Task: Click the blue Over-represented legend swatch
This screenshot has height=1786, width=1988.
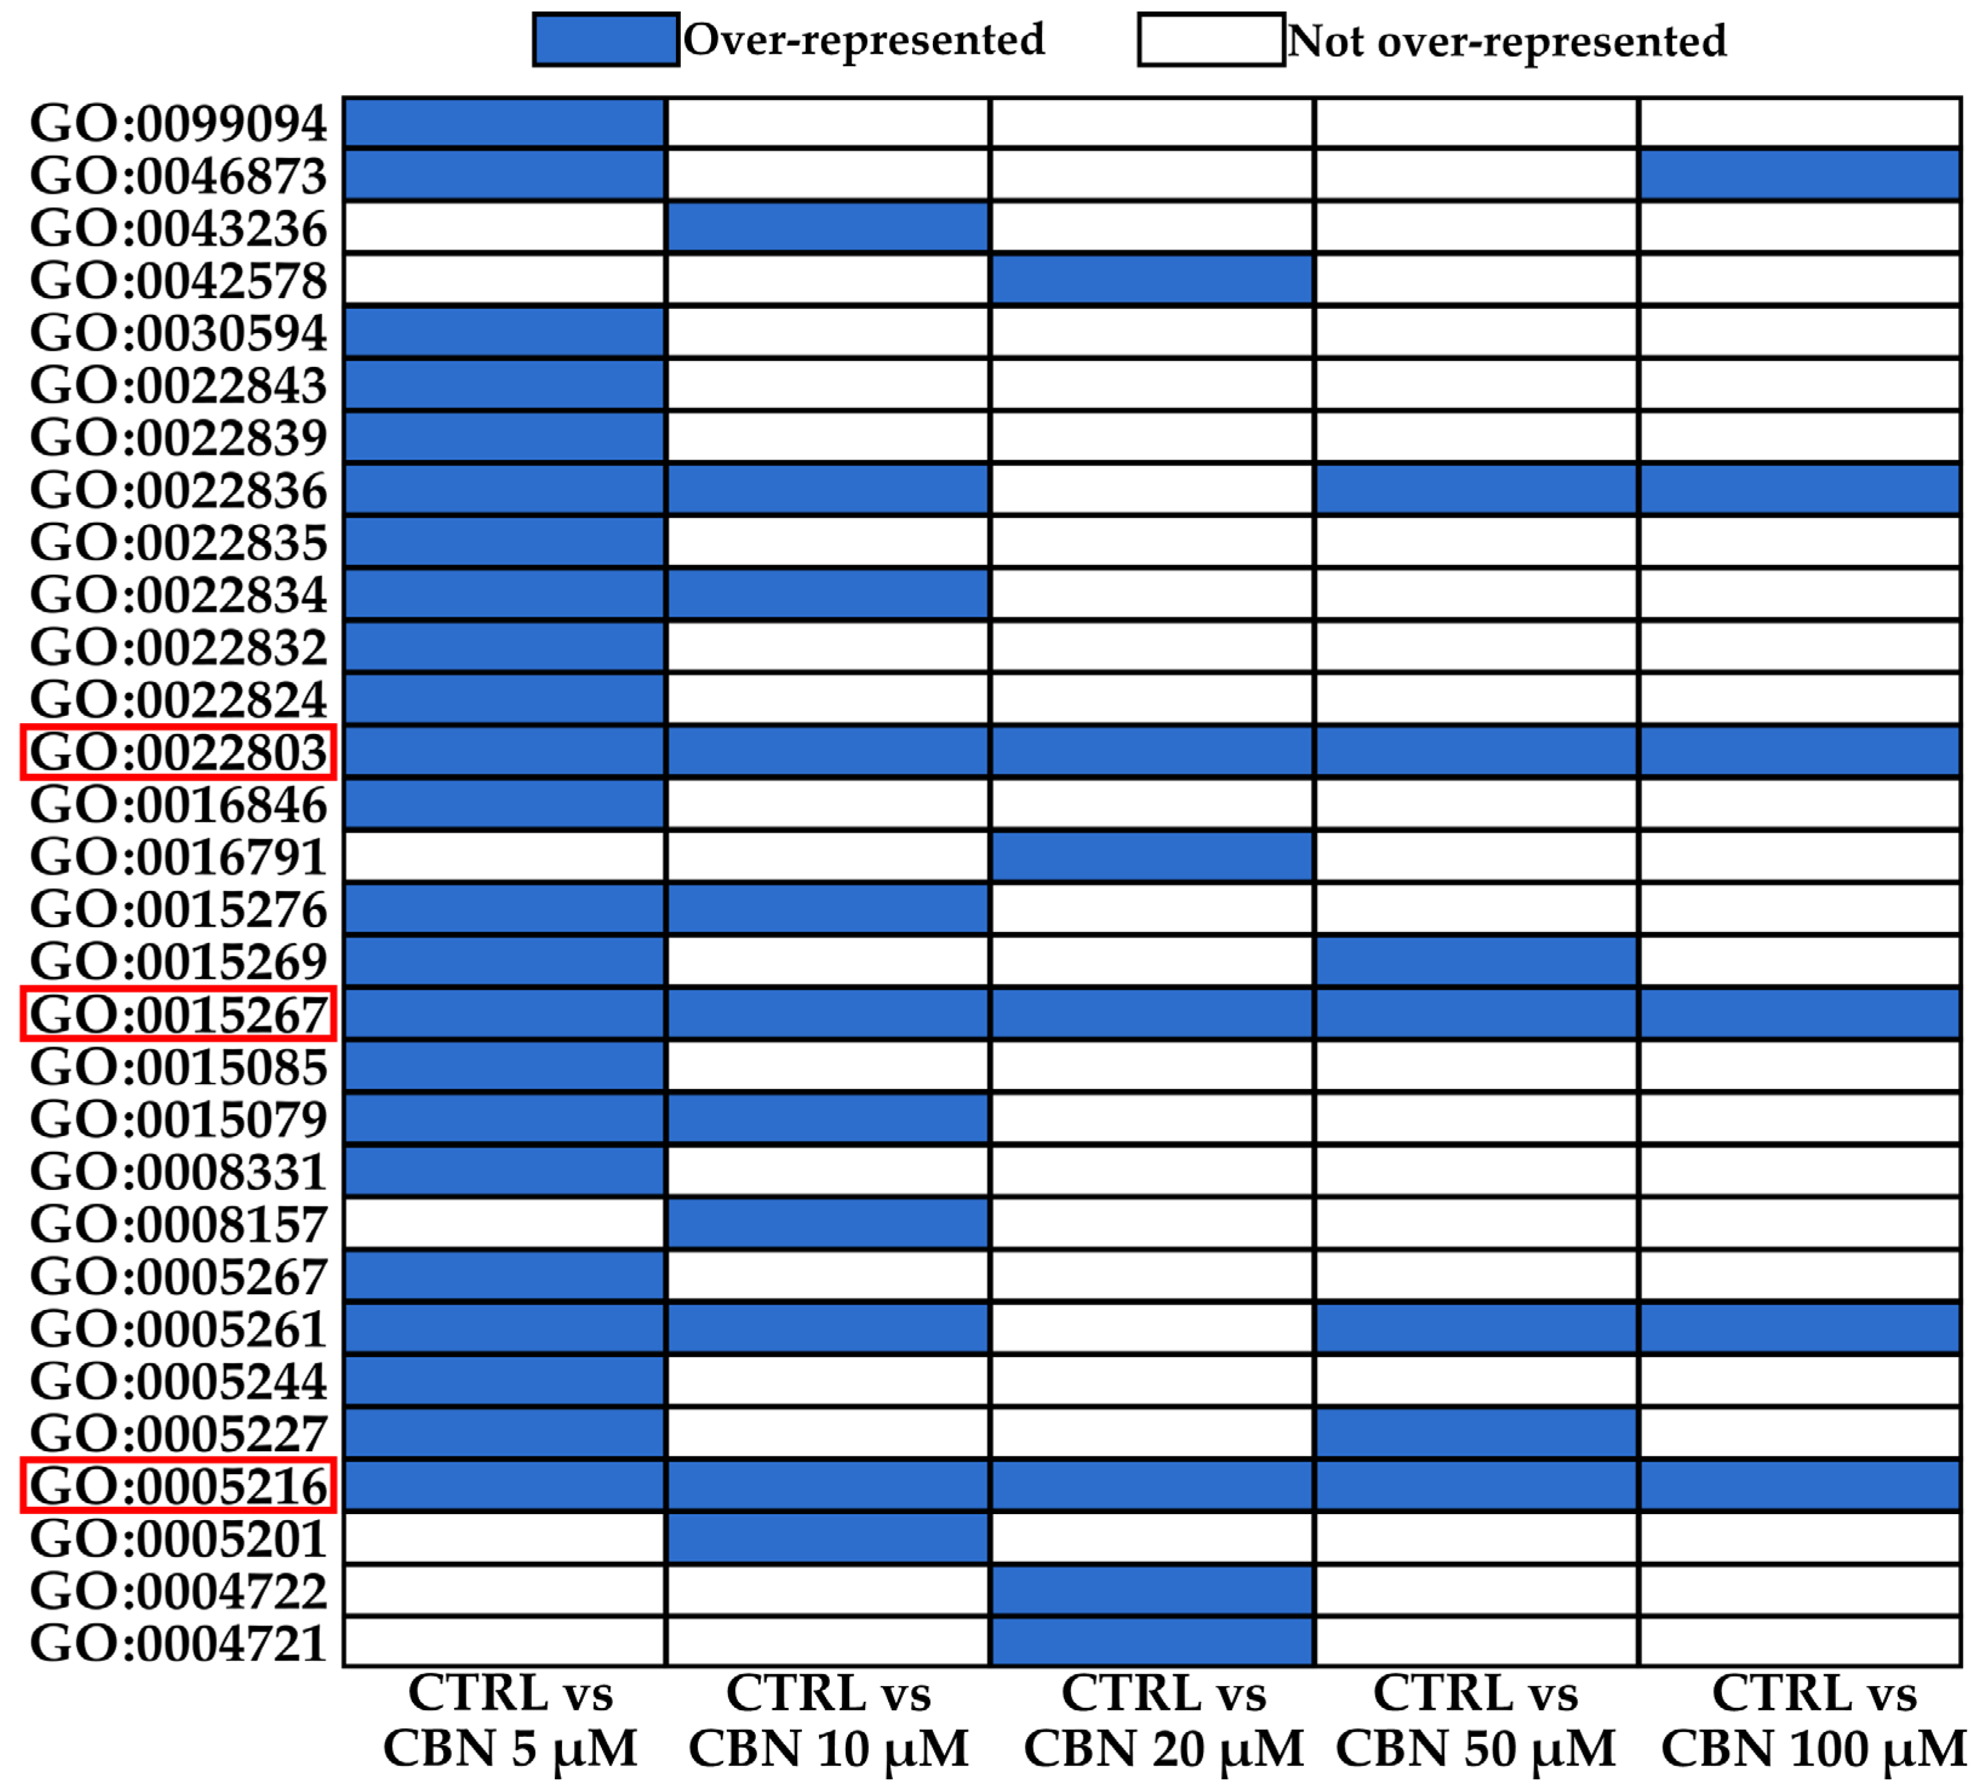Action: click(606, 39)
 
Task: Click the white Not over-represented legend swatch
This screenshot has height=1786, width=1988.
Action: click(1211, 39)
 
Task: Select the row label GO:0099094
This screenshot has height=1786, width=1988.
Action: click(179, 124)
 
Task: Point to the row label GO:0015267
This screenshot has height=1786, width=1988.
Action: click(179, 1014)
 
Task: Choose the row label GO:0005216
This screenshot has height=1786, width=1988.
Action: click(179, 1486)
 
